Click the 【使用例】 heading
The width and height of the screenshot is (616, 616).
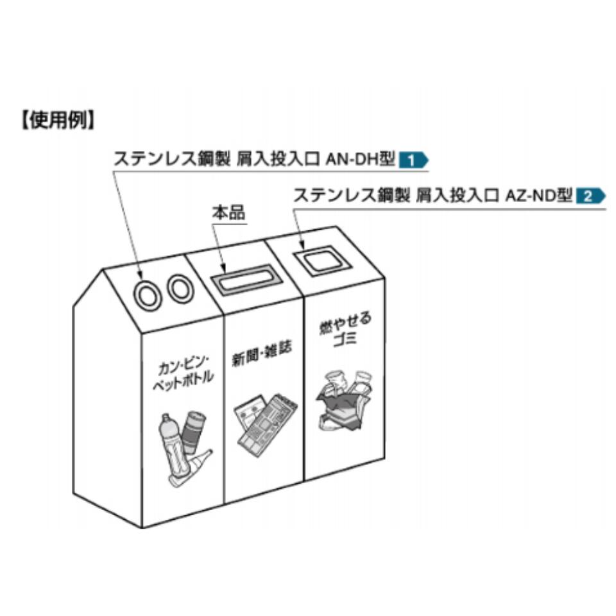click(57, 121)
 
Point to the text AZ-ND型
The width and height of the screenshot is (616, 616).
click(538, 195)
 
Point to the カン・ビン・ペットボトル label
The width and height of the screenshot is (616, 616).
click(182, 377)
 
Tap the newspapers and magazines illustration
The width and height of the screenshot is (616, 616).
click(265, 423)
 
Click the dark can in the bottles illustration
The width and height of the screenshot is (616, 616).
click(194, 429)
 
